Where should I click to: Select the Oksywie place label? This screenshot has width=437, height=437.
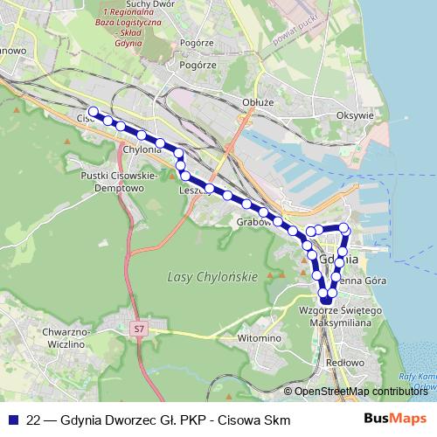(355, 114)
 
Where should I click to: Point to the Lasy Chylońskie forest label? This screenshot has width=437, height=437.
(212, 277)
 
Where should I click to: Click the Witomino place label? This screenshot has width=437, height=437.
(259, 337)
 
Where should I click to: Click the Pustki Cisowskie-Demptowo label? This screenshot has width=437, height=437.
(118, 181)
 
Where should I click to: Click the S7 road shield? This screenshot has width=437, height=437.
(138, 329)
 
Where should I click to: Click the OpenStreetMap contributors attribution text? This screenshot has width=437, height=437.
(363, 391)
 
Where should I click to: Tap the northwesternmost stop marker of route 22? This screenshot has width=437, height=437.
(94, 112)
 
